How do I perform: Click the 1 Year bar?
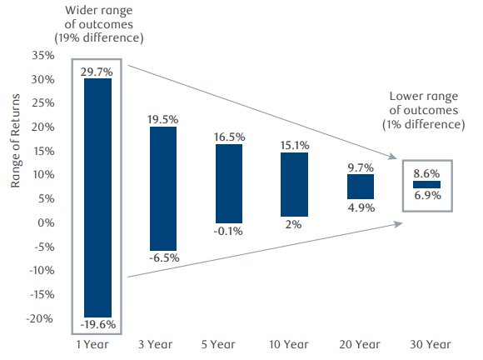[x=97, y=197]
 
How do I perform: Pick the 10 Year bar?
[x=295, y=184]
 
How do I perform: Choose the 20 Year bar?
[x=361, y=187]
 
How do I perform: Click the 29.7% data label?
[x=97, y=72]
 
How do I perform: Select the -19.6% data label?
[x=97, y=324]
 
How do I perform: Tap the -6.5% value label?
[x=163, y=259]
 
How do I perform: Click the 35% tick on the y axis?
[x=42, y=56]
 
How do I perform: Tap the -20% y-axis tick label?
[x=40, y=319]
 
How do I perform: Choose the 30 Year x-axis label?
[x=426, y=344]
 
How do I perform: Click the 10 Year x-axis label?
[x=295, y=344]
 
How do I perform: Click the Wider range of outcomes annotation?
[x=98, y=23]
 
